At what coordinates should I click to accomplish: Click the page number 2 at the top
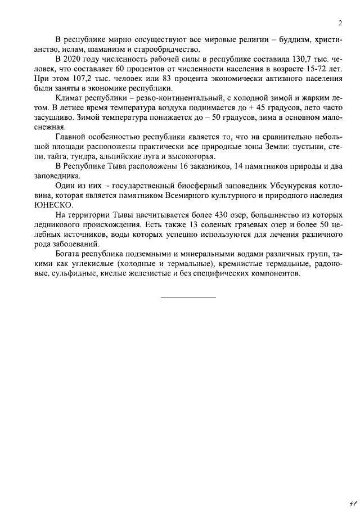tap(341, 23)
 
